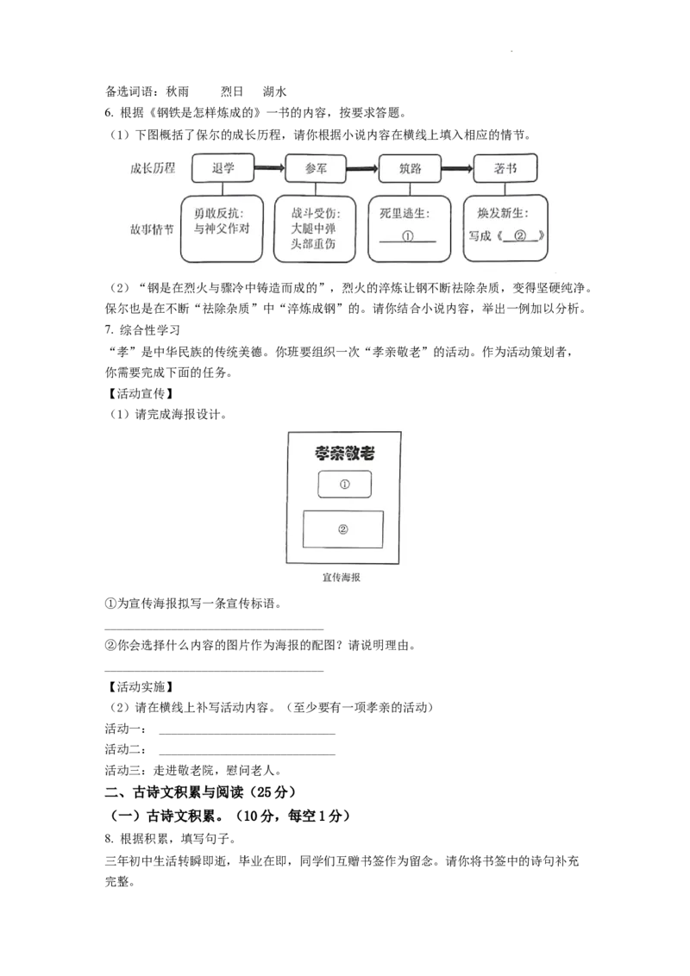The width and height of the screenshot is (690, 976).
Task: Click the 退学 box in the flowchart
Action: [x=223, y=168]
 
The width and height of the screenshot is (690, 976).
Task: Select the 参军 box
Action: [x=317, y=168]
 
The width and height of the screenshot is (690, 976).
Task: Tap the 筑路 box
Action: [x=411, y=168]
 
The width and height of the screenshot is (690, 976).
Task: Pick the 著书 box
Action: [x=505, y=168]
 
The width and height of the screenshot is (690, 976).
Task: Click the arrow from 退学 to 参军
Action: [x=269, y=168]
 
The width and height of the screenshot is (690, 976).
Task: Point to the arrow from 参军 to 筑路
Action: [x=363, y=168]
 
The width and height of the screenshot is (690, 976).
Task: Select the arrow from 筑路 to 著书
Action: [x=458, y=168]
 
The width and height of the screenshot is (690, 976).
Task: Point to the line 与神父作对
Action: [x=222, y=229]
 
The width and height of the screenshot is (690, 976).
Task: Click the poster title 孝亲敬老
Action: [x=344, y=454]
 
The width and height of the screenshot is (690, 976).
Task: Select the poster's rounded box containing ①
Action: [x=345, y=485]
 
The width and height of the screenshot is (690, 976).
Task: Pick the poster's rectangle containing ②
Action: [x=343, y=529]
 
